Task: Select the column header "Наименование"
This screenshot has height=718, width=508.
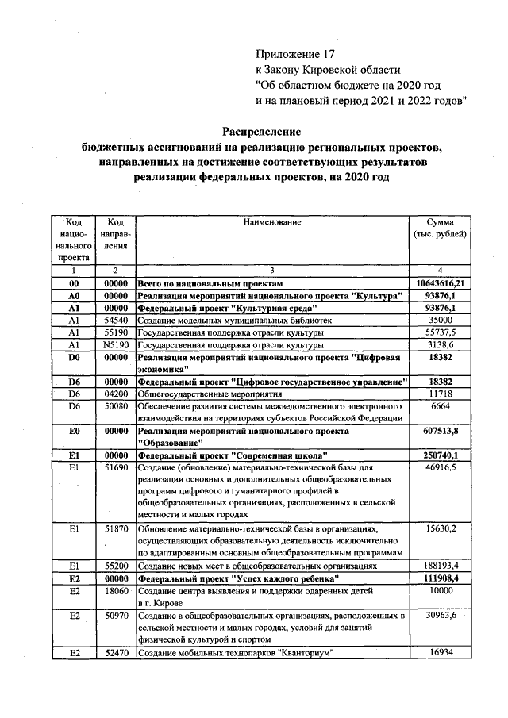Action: pyautogui.click(x=271, y=223)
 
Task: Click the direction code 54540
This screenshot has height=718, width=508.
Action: pyautogui.click(x=116, y=320)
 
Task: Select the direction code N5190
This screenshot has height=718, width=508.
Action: pyautogui.click(x=116, y=345)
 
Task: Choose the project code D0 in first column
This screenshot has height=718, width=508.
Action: pyautogui.click(x=74, y=359)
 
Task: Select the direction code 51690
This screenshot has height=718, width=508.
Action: pyautogui.click(x=116, y=469)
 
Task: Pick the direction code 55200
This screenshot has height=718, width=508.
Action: pyautogui.click(x=116, y=566)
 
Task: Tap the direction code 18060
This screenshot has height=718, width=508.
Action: pyautogui.click(x=116, y=591)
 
